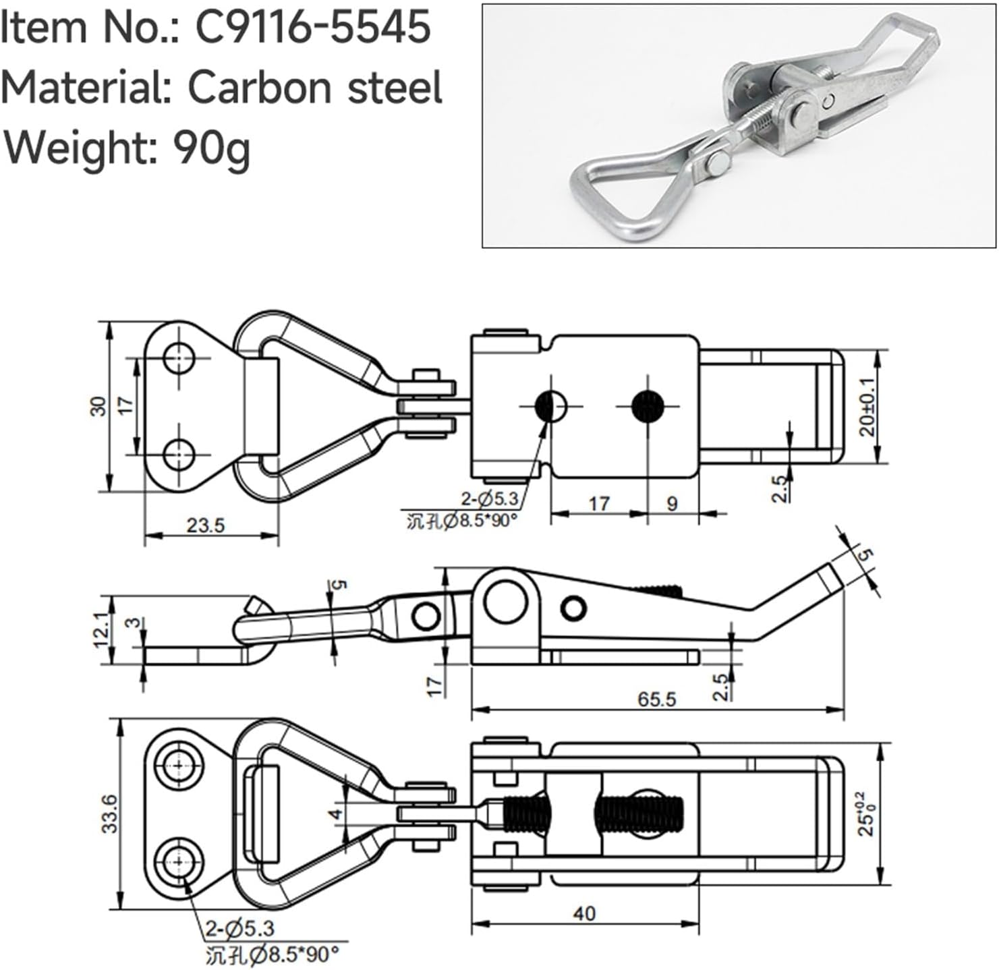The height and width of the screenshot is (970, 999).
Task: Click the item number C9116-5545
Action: coord(312,28)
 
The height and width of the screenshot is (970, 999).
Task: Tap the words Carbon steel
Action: coord(314,88)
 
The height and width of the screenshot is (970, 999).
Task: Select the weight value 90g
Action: coord(212,146)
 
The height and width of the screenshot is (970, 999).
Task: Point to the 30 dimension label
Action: coord(98,406)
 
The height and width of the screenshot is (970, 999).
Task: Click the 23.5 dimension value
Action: coord(205,525)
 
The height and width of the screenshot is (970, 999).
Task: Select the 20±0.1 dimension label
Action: coord(867,405)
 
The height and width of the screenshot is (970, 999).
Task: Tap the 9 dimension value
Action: coord(671,504)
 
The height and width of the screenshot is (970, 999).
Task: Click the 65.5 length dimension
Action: coord(656,699)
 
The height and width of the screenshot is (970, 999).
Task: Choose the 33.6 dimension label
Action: coord(110,813)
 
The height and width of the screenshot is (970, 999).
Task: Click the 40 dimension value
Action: coord(584,913)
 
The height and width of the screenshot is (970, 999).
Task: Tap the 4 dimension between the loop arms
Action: coord(335,814)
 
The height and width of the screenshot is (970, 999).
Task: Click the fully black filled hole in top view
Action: coord(648,406)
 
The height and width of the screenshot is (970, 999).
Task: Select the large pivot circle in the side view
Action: coord(505,603)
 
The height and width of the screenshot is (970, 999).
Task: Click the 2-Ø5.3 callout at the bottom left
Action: coord(239,929)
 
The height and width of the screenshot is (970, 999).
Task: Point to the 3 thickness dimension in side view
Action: coord(135,621)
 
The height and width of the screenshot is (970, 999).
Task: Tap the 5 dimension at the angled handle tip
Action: coord(865,557)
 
